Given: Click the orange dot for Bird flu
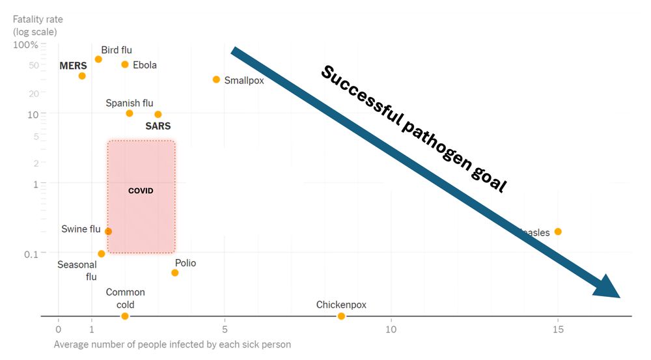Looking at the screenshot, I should [x=98, y=59].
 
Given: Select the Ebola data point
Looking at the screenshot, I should [x=125, y=64].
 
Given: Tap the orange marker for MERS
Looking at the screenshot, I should [x=82, y=76].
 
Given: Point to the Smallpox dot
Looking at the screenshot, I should [x=216, y=79].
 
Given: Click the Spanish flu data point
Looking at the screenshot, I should [x=130, y=113].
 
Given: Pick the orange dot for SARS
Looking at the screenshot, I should [x=158, y=115].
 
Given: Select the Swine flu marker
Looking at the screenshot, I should [x=109, y=231].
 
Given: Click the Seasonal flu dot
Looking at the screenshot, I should [x=102, y=254].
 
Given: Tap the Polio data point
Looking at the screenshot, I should [x=175, y=273].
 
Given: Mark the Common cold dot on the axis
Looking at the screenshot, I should [x=125, y=316].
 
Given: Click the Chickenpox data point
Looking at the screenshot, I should [x=341, y=316].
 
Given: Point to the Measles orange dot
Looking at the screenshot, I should [x=558, y=232].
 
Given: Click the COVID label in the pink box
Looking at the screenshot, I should [x=141, y=191].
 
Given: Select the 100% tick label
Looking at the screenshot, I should [x=26, y=45].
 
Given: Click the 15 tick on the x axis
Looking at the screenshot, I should [x=558, y=329].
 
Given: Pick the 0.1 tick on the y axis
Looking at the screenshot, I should [x=32, y=253].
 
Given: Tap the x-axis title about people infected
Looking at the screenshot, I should [x=172, y=344].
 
